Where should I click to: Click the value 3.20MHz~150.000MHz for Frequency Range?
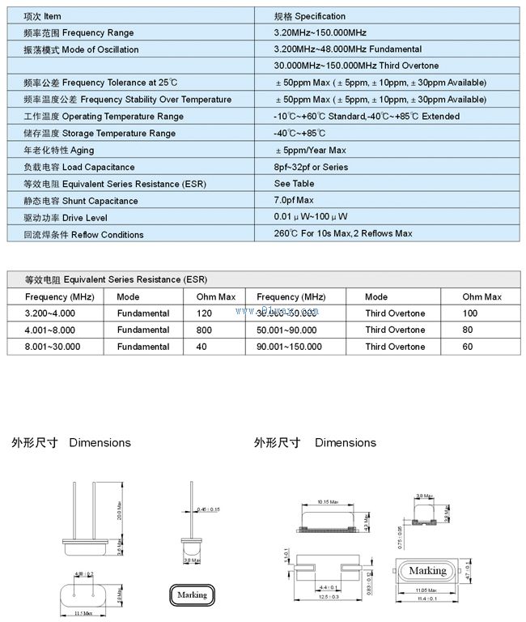[x=320, y=33]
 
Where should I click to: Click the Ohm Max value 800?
[x=204, y=330]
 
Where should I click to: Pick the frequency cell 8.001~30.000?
[x=53, y=347]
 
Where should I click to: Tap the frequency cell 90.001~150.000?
[x=289, y=347]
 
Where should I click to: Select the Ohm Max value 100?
[x=470, y=313]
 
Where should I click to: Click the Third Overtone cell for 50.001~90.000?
[x=395, y=330]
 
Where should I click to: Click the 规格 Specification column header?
[x=310, y=16]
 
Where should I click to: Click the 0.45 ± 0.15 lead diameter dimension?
[x=209, y=509]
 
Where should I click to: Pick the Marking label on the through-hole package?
[x=192, y=594]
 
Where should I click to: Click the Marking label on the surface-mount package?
[x=426, y=571]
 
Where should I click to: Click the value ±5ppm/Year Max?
[x=311, y=151]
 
